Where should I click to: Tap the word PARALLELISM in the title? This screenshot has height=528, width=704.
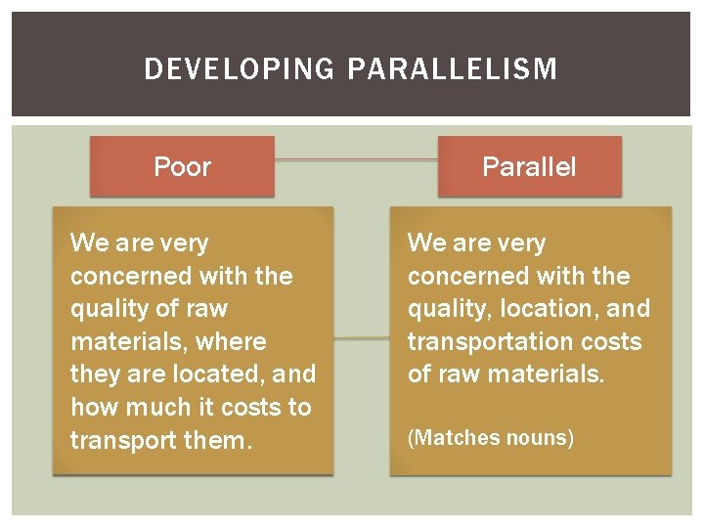(452, 69)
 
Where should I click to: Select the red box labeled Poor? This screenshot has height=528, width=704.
(182, 166)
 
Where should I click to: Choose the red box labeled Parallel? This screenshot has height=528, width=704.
(529, 166)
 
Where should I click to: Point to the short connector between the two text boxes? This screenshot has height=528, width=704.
(361, 339)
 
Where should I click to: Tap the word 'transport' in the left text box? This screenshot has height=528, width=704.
(117, 441)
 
